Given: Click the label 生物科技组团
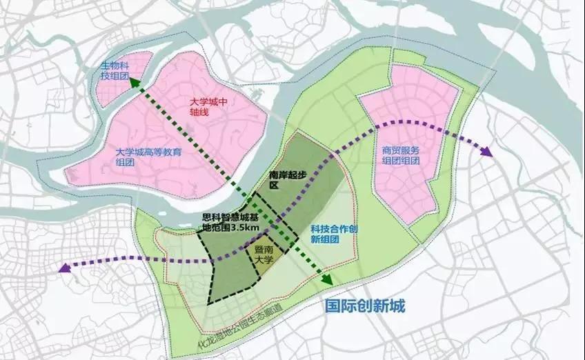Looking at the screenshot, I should click(115, 69).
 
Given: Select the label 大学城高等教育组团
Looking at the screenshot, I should click(149, 158).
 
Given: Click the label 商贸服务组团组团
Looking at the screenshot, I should click(400, 155).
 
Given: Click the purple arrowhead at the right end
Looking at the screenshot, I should click(487, 152).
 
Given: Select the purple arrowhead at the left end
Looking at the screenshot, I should click(66, 268).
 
